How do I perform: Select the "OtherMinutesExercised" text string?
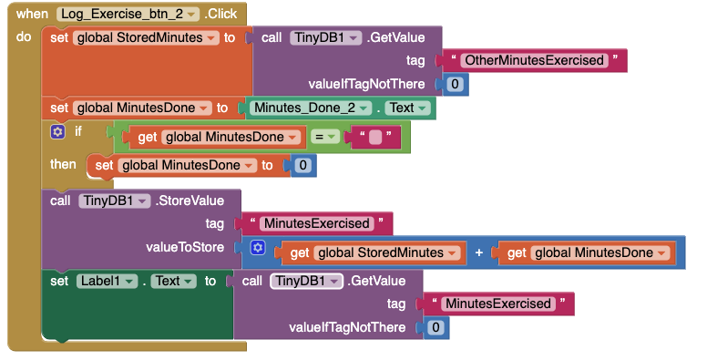[534, 61]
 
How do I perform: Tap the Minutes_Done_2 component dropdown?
[310, 108]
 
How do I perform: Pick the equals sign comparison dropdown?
[327, 137]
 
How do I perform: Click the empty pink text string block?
[375, 137]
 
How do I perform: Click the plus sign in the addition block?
[479, 252]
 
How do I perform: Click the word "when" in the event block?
[32, 15]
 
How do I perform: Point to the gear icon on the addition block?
[258, 248]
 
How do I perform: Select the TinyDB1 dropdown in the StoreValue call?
[115, 201]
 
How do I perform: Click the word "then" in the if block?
[63, 164]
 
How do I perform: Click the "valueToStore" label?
[185, 247]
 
